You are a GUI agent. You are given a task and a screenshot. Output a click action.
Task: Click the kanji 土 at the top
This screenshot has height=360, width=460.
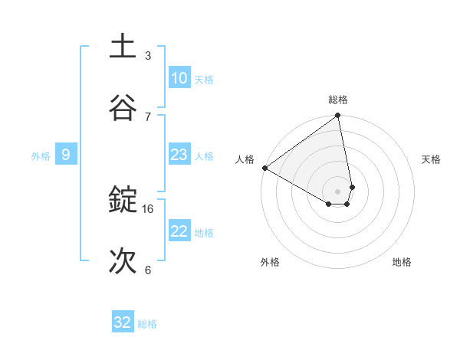tap(123, 47)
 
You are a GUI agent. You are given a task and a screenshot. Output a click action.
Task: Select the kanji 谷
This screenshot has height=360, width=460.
tap(123, 107)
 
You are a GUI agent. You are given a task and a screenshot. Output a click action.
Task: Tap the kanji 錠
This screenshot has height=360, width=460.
tap(123, 200)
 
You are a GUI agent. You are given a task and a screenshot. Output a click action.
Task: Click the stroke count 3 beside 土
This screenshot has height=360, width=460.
tap(148, 55)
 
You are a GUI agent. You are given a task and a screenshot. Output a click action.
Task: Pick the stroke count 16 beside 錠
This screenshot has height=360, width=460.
tap(148, 208)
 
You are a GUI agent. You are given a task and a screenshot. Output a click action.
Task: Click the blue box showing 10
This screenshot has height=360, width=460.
tap(179, 78)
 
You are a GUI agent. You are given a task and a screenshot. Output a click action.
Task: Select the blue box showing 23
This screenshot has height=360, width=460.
tap(179, 155)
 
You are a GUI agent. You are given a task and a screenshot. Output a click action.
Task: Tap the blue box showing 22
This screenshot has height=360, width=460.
tap(179, 231)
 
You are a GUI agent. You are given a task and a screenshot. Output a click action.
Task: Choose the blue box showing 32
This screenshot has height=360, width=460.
tap(123, 322)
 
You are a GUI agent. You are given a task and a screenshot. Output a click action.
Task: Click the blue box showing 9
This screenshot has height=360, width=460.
tap(66, 155)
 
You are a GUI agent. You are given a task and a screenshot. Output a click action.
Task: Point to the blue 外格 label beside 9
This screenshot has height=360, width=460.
tap(41, 156)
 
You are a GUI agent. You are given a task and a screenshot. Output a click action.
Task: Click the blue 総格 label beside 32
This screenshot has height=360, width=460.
tap(147, 324)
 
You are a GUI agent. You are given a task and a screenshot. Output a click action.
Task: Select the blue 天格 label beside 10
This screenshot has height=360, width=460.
tap(204, 80)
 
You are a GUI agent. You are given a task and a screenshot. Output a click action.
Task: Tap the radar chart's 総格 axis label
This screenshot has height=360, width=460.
tap(338, 100)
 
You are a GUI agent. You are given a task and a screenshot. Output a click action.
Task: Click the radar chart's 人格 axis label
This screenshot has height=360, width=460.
tap(245, 159)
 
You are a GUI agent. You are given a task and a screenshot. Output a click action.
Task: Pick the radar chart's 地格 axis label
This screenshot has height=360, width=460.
tap(402, 262)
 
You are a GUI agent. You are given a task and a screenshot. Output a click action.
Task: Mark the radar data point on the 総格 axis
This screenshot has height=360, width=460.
tap(338, 116)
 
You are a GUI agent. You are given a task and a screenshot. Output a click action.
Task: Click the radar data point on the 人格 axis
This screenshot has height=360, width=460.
tap(264, 168)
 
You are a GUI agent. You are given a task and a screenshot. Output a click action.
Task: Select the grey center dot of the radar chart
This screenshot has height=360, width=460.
tap(338, 191)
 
